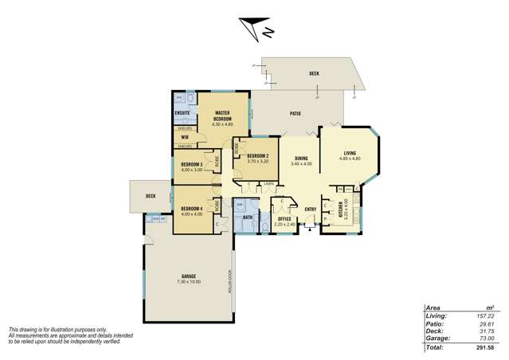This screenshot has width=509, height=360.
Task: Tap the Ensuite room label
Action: (182, 113)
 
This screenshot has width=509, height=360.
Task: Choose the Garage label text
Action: (189, 276)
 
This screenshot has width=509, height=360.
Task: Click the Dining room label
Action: (301, 158)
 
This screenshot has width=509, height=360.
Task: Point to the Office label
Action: (285, 220)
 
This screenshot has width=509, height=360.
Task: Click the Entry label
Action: (310, 210)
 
